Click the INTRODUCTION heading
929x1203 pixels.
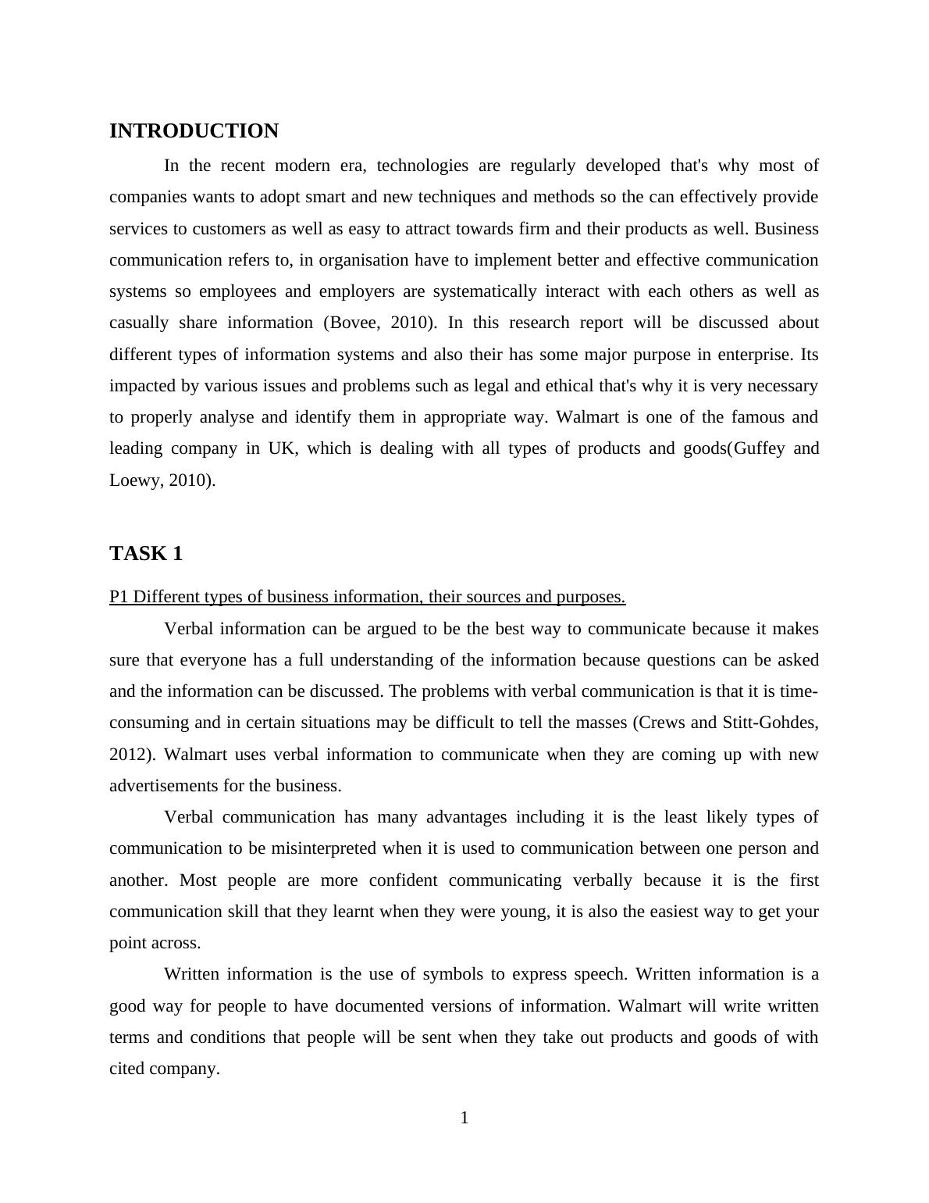pos(194,131)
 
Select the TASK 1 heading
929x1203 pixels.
pos(146,554)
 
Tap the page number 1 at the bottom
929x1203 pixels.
pos(464,1118)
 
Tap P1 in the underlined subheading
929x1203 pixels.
pos(119,597)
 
